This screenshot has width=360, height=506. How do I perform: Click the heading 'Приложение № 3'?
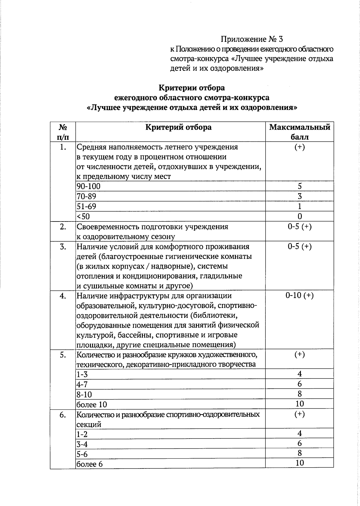click(252, 39)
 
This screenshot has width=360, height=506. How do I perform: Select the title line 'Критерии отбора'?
click(191, 88)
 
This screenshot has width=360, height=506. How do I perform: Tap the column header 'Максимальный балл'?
click(299, 132)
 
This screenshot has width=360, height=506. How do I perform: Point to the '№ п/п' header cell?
click(62, 132)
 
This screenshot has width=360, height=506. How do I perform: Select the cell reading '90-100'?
click(88, 186)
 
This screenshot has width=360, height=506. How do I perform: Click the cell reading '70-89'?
click(86, 197)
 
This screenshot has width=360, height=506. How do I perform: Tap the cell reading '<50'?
click(83, 216)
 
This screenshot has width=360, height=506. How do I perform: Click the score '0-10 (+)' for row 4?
click(299, 296)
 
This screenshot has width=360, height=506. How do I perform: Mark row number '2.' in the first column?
click(63, 227)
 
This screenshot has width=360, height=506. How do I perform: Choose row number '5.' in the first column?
click(63, 355)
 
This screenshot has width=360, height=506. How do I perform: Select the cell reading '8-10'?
click(84, 394)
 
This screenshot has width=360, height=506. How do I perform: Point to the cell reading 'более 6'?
click(90, 464)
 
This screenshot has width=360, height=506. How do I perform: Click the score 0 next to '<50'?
click(299, 216)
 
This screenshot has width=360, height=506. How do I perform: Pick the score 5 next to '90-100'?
click(299, 186)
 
